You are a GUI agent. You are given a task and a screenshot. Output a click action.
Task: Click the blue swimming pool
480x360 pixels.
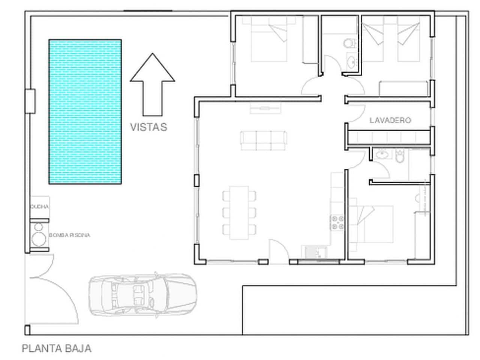(85, 112)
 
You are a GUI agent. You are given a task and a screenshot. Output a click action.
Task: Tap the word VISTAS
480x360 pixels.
(148, 127)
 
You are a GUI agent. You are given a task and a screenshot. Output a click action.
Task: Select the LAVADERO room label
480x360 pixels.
(390, 120)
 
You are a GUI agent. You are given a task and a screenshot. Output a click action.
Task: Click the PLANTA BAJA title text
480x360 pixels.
(57, 348)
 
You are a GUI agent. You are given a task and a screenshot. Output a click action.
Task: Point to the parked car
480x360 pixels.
(142, 294)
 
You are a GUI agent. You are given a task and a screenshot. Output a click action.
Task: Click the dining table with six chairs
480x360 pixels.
(239, 212)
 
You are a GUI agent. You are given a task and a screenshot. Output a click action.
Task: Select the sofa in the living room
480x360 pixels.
(263, 141)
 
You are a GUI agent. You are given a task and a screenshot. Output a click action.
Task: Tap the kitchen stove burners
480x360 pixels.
(337, 222)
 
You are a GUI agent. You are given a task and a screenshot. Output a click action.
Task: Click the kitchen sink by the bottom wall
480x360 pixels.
(315, 252)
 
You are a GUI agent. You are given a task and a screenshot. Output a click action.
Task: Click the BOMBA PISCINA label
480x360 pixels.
(70, 235)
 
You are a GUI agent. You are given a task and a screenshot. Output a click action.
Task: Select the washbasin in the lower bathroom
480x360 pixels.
(381, 154)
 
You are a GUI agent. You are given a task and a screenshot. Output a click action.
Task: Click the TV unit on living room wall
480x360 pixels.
(265, 108)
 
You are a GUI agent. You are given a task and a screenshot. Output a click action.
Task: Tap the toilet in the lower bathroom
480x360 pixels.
(400, 156)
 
